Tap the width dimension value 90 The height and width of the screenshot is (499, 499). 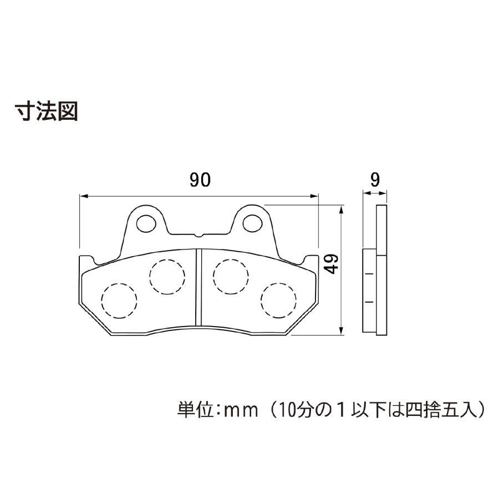pyautogui.click(x=200, y=180)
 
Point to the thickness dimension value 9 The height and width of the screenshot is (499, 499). pyautogui.click(x=375, y=180)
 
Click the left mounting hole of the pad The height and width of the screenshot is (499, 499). pyautogui.click(x=146, y=223)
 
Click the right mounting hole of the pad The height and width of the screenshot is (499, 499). pyautogui.click(x=252, y=223)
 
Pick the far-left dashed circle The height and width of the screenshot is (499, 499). pyautogui.click(x=119, y=301)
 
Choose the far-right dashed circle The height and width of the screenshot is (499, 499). pyautogui.click(x=278, y=300)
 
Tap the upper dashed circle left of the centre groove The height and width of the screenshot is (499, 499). pyautogui.click(x=167, y=277)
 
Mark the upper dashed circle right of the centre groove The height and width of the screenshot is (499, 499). pyautogui.click(x=231, y=276)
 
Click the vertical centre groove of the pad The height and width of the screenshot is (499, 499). pyautogui.click(x=199, y=287)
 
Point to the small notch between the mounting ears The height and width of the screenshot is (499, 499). pyautogui.click(x=199, y=236)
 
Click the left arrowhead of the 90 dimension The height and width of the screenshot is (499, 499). pyautogui.click(x=83, y=196)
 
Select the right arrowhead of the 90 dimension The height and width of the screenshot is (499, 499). pyautogui.click(x=314, y=196)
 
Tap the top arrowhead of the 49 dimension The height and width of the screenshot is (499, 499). pyautogui.click(x=341, y=210)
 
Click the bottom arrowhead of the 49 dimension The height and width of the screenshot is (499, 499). pyautogui.click(x=341, y=330)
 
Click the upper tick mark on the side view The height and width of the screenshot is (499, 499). pyautogui.click(x=369, y=274)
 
